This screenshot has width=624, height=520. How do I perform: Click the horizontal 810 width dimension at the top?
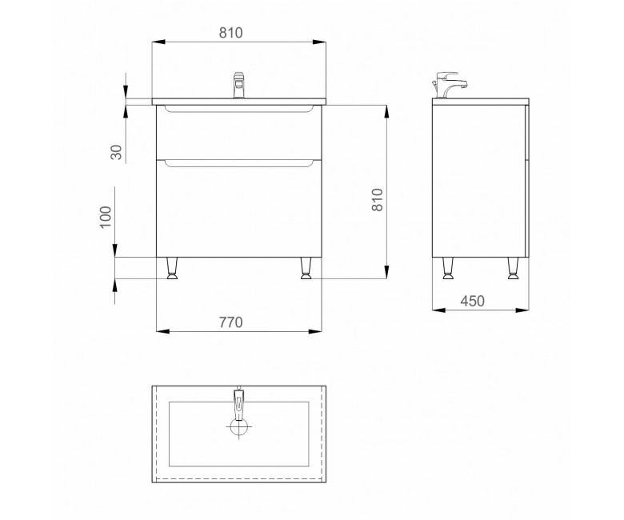click(x=231, y=33)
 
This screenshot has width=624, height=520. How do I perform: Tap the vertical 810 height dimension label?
click(x=377, y=200)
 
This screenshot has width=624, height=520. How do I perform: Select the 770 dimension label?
click(x=231, y=322)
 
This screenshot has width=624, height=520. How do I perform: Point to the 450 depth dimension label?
click(x=473, y=301)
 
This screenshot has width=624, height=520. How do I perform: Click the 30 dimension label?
click(x=116, y=152)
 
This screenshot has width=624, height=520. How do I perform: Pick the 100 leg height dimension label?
click(x=106, y=217)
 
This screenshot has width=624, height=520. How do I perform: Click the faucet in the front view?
click(x=238, y=85)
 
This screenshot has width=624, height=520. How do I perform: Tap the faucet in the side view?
click(x=450, y=85)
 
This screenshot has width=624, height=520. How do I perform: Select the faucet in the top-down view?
click(x=238, y=404)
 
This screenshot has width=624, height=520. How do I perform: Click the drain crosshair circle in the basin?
click(x=238, y=427)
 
